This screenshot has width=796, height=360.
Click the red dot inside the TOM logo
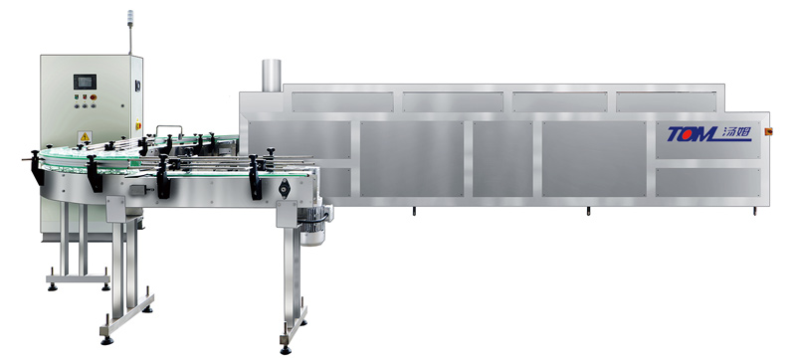tap(694, 134)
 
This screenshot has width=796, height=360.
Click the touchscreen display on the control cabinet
tap(85, 82)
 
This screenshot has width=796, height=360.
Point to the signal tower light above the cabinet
tap(130, 17)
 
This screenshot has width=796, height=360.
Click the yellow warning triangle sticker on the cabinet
tap(85, 137)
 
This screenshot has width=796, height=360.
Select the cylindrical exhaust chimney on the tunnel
tap(271, 75)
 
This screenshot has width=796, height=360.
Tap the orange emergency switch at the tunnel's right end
tap(768, 132)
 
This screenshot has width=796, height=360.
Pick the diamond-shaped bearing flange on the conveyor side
tap(284, 189)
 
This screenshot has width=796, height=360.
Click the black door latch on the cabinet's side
tap(137, 87)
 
